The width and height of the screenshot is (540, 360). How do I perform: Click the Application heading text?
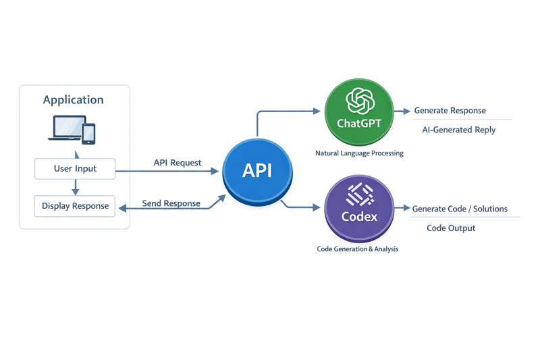73,100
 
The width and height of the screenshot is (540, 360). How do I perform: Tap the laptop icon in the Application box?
65,128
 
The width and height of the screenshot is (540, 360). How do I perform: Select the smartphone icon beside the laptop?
88,132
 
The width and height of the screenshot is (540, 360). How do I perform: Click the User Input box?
75,169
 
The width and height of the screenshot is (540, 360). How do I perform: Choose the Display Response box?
75,206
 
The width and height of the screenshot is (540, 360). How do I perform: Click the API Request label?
178,163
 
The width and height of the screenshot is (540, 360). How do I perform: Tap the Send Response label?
171,203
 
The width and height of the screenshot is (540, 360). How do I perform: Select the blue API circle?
257,171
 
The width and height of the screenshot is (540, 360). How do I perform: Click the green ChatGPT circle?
358,111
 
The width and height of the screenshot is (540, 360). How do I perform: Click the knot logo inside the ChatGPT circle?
359,101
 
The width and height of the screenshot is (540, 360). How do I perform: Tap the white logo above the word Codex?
359,195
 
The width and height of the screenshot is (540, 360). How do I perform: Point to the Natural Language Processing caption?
359,153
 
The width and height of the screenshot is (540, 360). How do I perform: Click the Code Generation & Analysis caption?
357,249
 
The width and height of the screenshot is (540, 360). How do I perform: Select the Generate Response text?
450,111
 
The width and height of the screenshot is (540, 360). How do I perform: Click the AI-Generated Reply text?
458,130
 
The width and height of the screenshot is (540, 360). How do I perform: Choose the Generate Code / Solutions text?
460,209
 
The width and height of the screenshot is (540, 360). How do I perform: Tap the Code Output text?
451,228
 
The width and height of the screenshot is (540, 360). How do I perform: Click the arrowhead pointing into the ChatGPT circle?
317,111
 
